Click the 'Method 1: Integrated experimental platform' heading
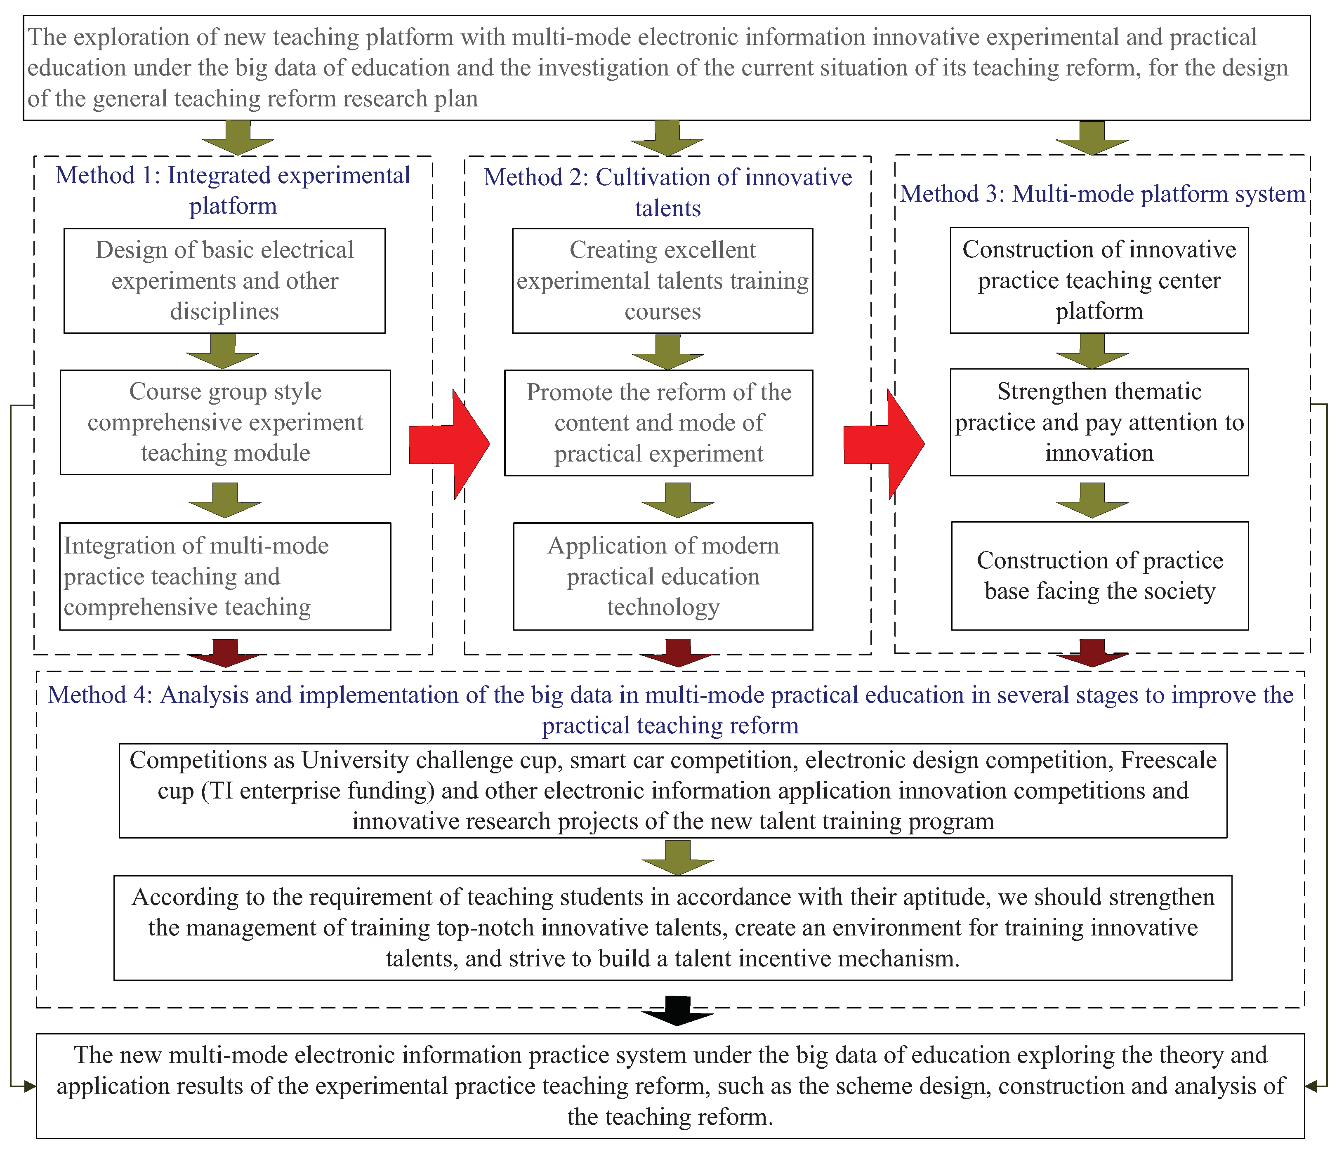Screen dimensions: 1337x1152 233,190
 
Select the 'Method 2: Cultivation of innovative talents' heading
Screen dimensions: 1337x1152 668,192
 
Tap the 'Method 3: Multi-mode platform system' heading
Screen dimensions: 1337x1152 1103,193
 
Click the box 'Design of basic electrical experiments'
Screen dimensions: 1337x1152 224,280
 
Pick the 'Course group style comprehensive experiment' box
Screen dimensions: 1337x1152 225,422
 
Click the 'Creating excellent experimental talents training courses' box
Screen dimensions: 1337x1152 663,280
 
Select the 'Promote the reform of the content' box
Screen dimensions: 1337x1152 659,422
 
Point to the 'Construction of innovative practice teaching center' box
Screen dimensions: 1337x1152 1099,280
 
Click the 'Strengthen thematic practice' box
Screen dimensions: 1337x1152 1099,422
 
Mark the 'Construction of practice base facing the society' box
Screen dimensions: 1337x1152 1100,575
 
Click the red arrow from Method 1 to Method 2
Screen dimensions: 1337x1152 450,444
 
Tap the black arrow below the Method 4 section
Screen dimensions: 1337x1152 677,1011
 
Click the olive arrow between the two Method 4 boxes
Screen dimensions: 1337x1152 677,858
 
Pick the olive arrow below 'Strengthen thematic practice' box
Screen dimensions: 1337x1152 1092,500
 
